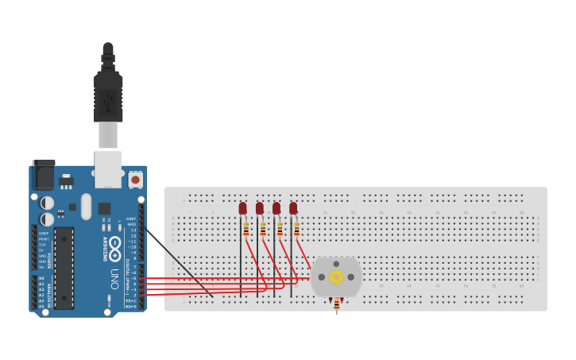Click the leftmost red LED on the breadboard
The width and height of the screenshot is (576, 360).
click(243, 208)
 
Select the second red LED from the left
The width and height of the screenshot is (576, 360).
click(260, 208)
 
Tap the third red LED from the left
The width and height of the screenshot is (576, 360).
click(276, 208)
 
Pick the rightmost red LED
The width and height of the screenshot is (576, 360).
click(293, 208)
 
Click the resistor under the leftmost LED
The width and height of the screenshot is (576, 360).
click(246, 229)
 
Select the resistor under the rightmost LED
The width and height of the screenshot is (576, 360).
click(296, 229)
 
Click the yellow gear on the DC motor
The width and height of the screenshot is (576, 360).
click(336, 277)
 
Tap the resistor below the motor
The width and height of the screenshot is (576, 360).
click(337, 304)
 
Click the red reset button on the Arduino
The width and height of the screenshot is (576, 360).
click(135, 180)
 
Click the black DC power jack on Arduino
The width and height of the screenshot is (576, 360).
click(43, 175)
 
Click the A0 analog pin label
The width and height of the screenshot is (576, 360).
click(41, 279)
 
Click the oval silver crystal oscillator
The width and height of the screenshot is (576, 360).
click(86, 202)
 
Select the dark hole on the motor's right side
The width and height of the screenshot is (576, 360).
click(350, 277)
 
